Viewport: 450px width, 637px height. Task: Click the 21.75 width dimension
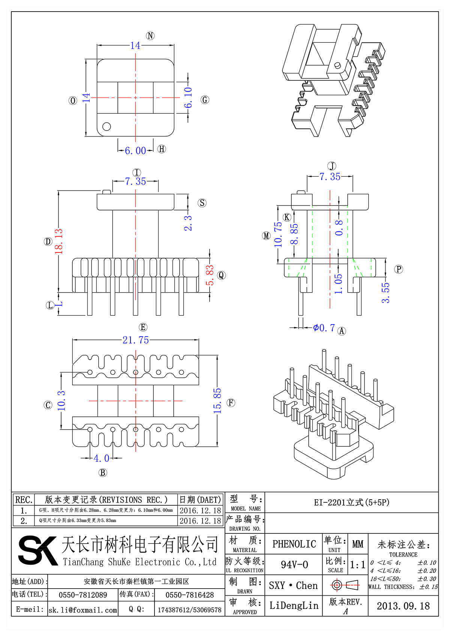(135, 340)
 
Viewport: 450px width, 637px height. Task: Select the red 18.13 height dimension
(59, 241)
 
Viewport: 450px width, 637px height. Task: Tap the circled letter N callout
(150, 36)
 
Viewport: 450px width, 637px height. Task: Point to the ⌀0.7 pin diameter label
(324, 328)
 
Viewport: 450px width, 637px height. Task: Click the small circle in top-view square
(106, 126)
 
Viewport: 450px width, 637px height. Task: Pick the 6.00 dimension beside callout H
(135, 150)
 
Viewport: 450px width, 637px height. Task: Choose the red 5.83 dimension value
(210, 275)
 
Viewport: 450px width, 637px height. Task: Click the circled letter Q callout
(221, 275)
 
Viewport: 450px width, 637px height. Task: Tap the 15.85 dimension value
(217, 401)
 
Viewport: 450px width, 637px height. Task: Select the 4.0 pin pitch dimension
(101, 458)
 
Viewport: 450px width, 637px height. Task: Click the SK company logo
(37, 550)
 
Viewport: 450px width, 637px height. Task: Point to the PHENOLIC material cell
(294, 544)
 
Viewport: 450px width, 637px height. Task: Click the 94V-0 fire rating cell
(294, 565)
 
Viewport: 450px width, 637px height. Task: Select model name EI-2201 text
(351, 502)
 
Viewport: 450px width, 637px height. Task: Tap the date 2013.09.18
(403, 606)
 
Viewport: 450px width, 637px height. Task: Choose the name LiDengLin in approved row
(294, 605)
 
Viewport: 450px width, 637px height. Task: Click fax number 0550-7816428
(189, 595)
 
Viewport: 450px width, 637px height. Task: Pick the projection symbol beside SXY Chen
(345, 585)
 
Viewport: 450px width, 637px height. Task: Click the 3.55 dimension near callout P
(386, 293)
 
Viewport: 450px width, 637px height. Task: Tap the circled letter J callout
(332, 166)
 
